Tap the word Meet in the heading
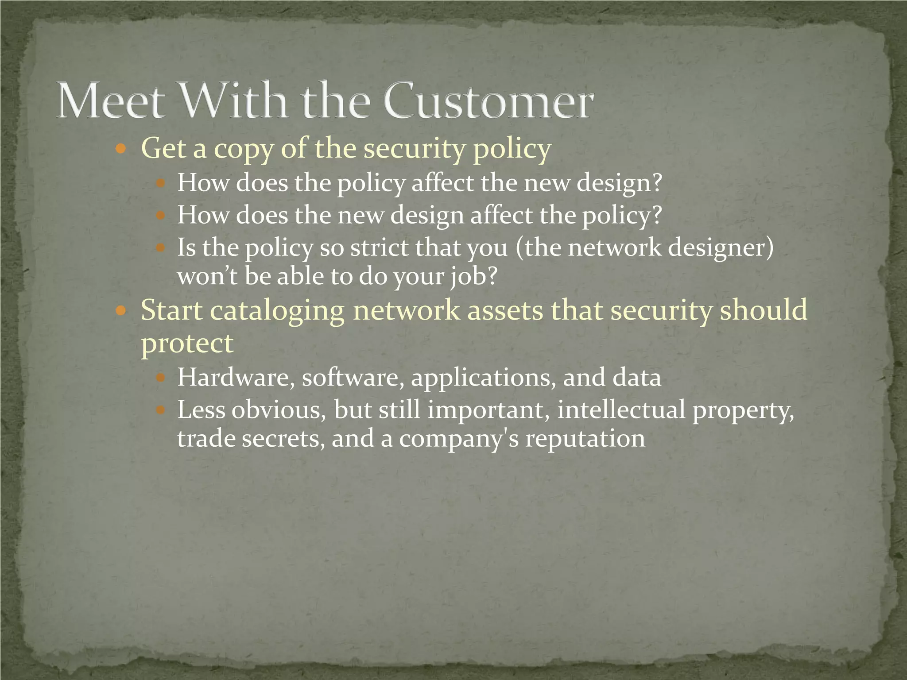click(x=109, y=101)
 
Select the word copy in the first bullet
click(x=244, y=149)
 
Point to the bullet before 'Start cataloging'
click(x=120, y=311)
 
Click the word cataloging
click(x=277, y=311)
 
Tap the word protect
click(x=187, y=343)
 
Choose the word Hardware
click(x=236, y=378)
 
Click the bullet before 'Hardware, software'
click(x=160, y=378)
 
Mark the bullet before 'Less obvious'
click(x=160, y=410)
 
